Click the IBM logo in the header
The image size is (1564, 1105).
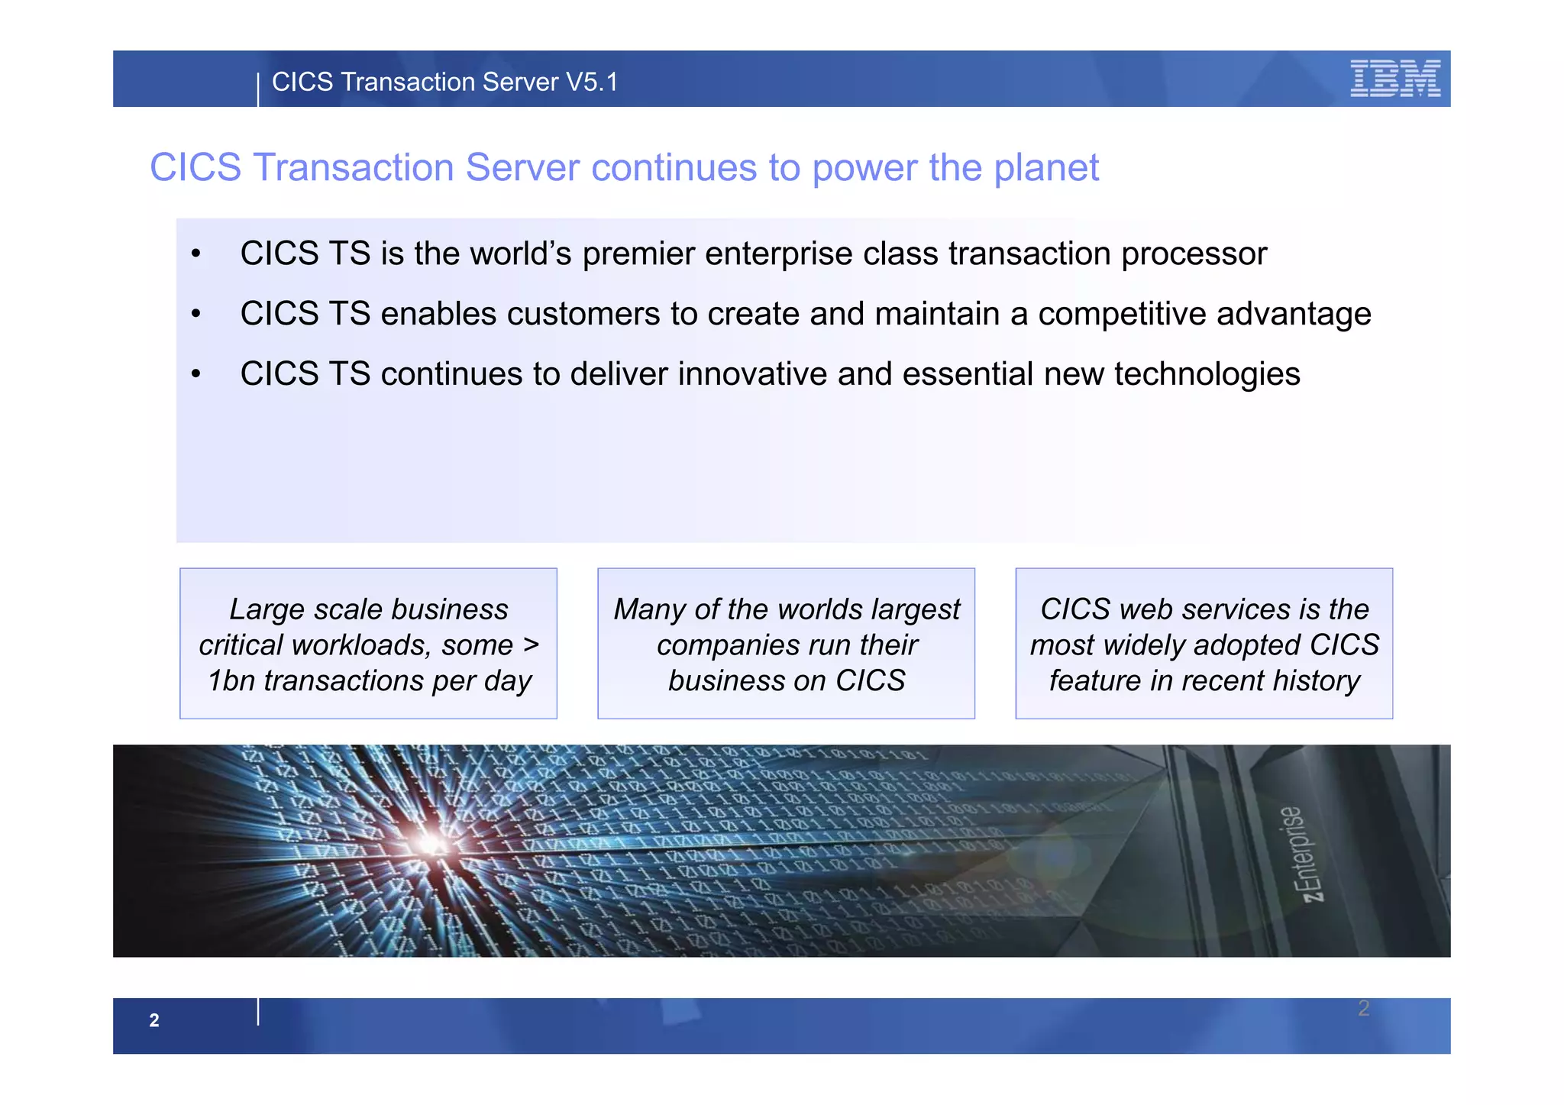coord(1394,78)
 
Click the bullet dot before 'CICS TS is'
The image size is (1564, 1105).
coord(196,254)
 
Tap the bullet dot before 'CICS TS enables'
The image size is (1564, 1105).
coord(196,314)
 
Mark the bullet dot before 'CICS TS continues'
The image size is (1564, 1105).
coord(196,374)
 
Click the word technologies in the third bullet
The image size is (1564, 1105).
coord(1207,375)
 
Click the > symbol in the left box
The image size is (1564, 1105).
coord(531,645)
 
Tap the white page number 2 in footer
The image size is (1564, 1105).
coord(154,1020)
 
